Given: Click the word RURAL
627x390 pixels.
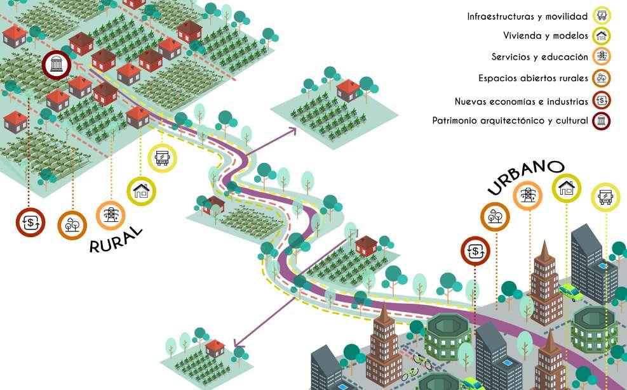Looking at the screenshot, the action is click(116, 239).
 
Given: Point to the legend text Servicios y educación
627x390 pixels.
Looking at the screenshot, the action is click(539, 57).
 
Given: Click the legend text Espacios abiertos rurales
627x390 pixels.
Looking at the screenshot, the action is click(533, 79).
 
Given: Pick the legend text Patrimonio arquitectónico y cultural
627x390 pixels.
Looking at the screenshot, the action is click(509, 120).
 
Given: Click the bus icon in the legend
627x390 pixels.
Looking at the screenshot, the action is click(601, 16).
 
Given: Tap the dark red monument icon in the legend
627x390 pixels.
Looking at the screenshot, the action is click(601, 120).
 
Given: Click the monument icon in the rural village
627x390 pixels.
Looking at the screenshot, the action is click(57, 65).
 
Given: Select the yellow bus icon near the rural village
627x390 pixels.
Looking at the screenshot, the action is click(162, 157).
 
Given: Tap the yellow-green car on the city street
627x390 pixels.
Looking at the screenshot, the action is click(570, 292).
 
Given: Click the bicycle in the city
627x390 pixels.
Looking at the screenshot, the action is click(422, 362).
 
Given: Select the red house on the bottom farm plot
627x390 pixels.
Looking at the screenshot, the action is click(215, 348).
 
